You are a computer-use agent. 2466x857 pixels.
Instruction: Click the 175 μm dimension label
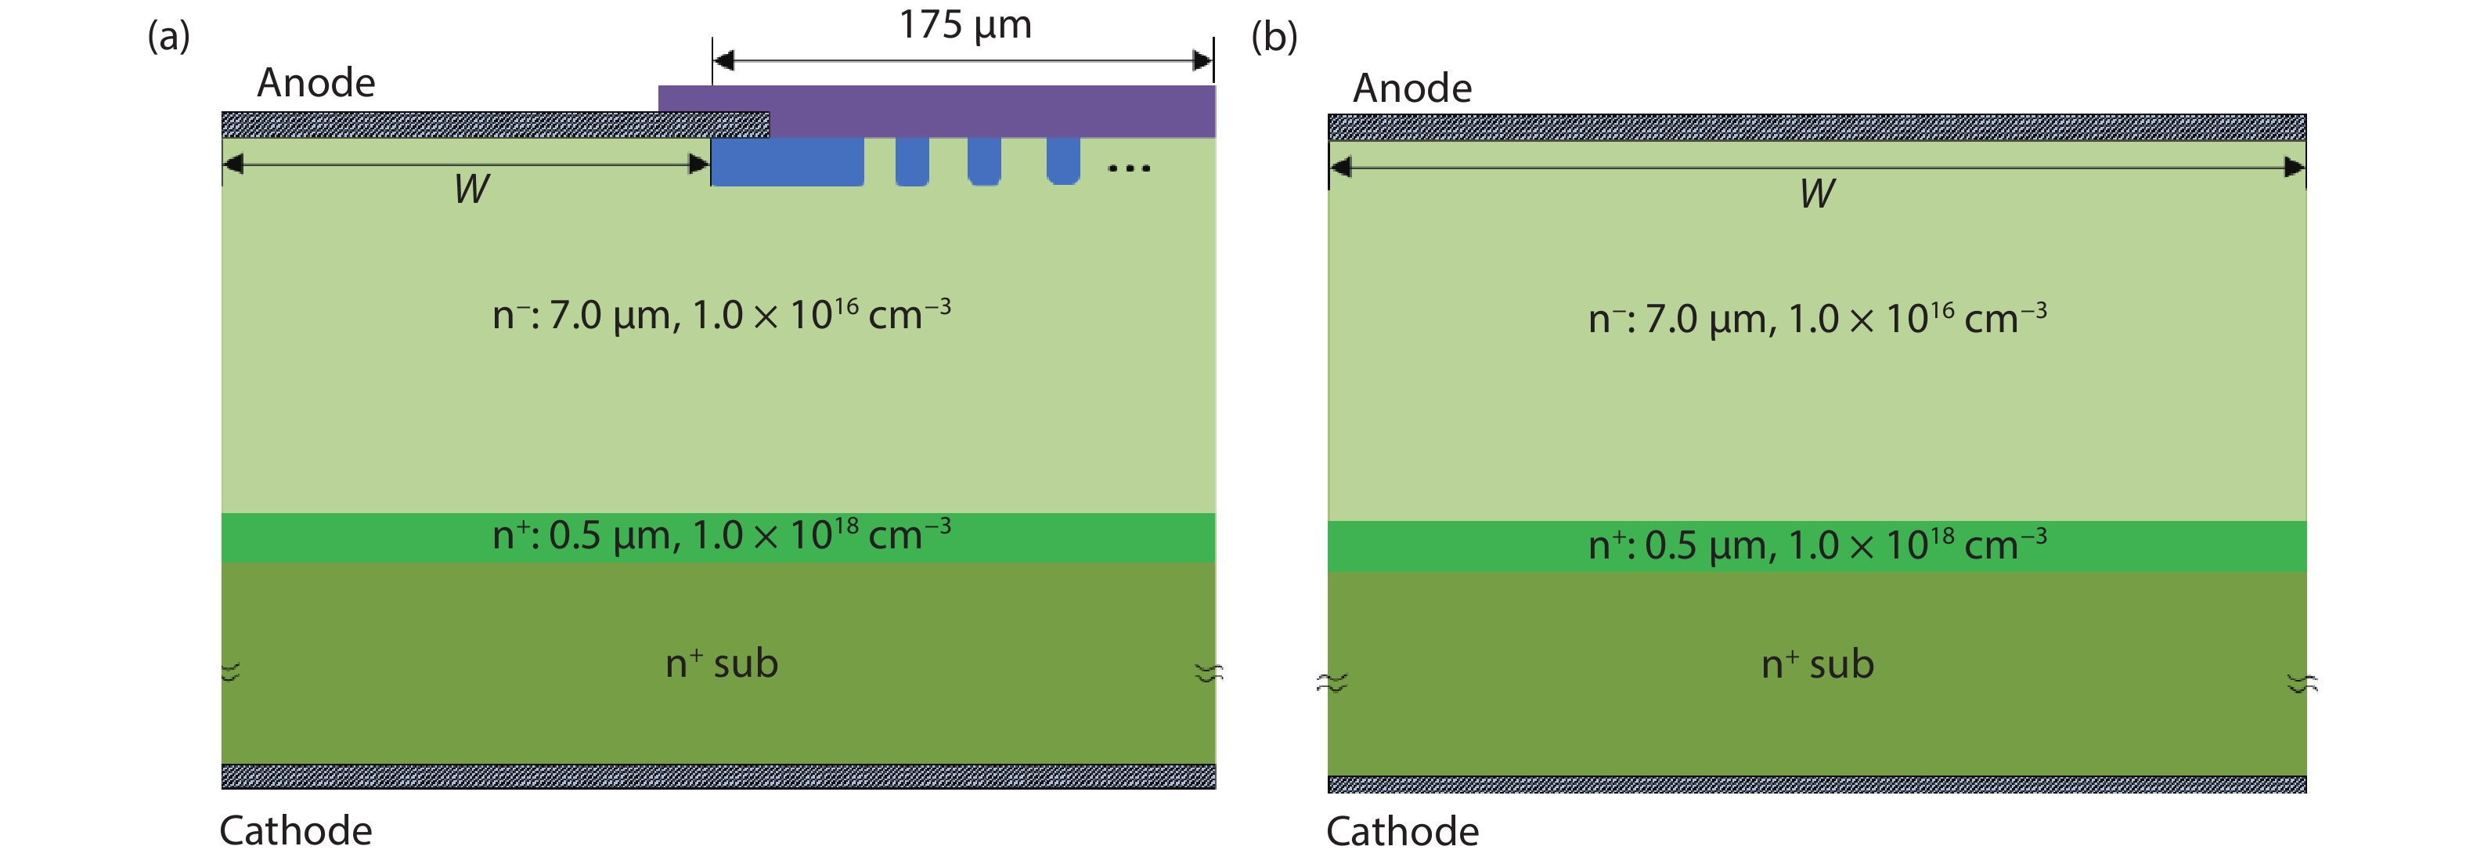pos(965,25)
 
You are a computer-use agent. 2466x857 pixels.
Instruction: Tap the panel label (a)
pos(168,36)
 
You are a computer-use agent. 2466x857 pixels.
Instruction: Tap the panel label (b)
pos(1274,36)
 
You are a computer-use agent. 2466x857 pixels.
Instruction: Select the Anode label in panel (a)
pos(316,82)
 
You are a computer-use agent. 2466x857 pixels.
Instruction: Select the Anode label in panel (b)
pos(1412,88)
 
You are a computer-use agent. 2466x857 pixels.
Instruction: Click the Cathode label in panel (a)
pos(296,830)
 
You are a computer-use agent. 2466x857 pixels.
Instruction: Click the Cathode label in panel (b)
pos(1402,831)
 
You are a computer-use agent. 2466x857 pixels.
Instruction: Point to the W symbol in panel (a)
pos(472,190)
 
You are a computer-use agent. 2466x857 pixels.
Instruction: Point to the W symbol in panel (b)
pos(1817,193)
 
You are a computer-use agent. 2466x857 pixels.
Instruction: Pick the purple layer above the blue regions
pos(937,111)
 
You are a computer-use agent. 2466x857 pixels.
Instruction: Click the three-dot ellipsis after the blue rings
pos(1129,168)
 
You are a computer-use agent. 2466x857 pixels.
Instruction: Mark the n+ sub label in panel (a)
pos(722,663)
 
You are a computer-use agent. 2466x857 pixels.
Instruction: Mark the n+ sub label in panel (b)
pos(1818,664)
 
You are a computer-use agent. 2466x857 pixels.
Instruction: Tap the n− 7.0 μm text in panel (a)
pos(722,314)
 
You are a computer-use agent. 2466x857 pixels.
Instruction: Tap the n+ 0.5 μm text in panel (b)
pos(1818,544)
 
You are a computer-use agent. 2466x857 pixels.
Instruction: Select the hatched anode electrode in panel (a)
pos(495,125)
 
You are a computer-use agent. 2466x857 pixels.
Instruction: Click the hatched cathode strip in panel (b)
pos(1817,784)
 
